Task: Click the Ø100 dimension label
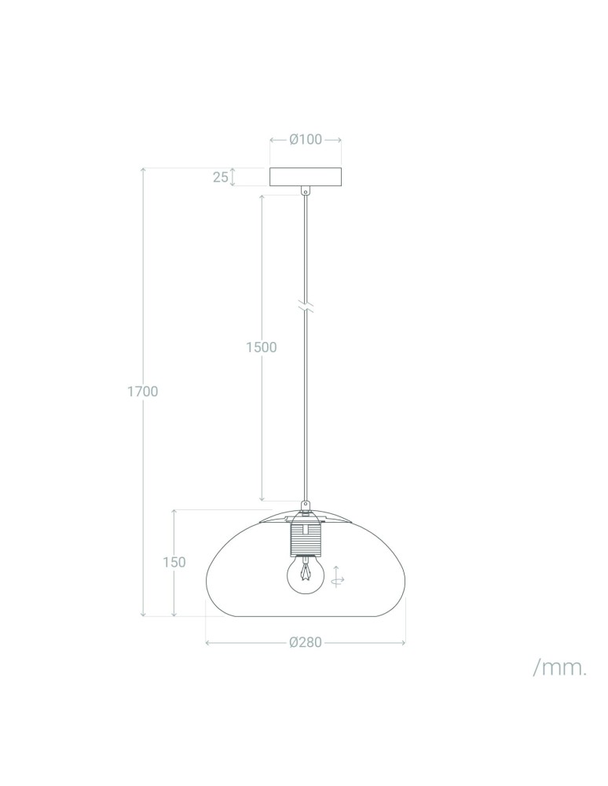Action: [x=306, y=140]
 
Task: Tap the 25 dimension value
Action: [x=220, y=177]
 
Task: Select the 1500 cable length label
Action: [x=261, y=347]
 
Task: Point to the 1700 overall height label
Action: [x=143, y=391]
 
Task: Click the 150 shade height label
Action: [x=174, y=562]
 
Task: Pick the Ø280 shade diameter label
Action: [x=306, y=642]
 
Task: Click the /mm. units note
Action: [x=559, y=668]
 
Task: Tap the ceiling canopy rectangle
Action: [x=306, y=177]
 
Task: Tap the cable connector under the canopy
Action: [x=306, y=189]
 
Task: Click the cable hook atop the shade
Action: [x=306, y=506]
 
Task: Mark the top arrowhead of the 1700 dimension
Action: [x=143, y=171]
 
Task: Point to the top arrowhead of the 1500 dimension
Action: [x=261, y=193]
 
